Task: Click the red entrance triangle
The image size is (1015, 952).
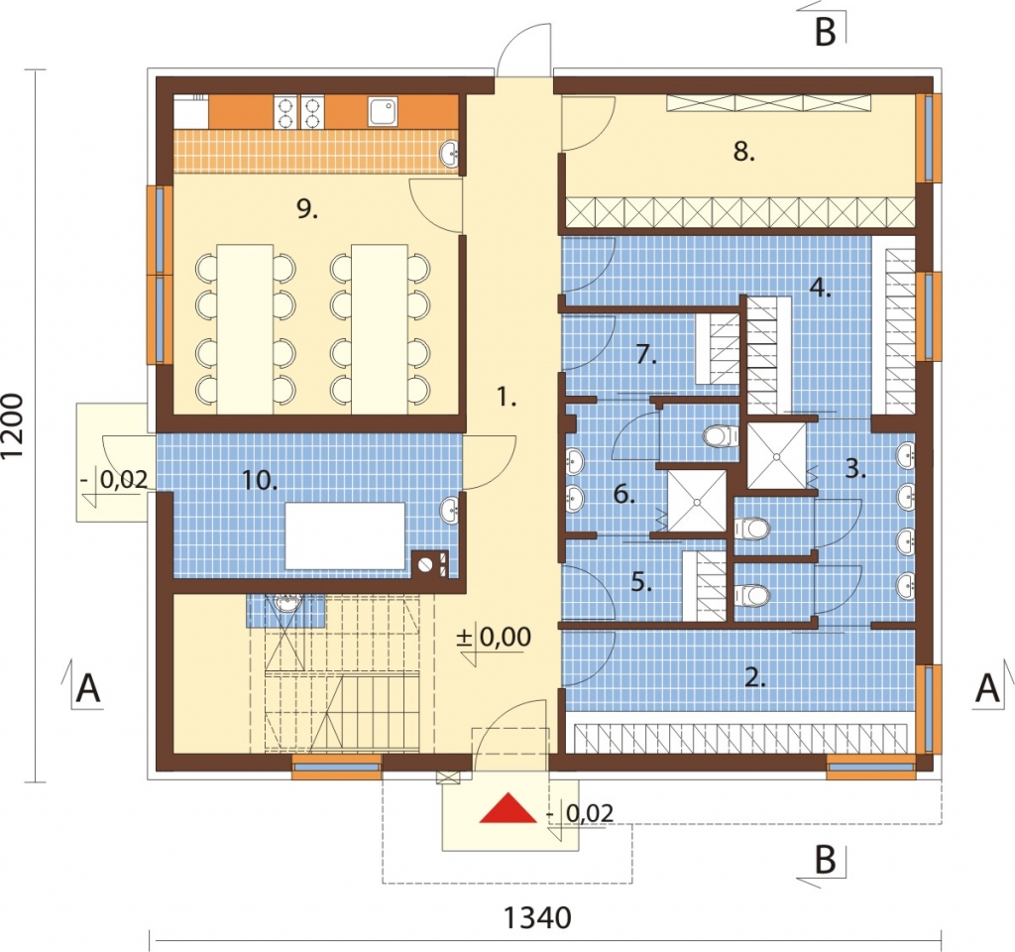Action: coord(508,808)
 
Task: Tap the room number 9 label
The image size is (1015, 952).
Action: coord(307,209)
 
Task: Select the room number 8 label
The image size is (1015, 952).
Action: coord(744,152)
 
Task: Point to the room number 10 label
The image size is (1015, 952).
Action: coord(260,481)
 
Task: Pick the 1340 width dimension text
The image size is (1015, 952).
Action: coord(537,917)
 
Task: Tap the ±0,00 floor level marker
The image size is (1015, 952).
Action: coord(494,638)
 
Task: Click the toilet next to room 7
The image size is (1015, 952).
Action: coord(721,436)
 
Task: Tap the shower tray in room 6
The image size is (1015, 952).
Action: coord(697,501)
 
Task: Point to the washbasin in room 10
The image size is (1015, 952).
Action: coord(451,510)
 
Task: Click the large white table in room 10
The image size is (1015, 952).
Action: coord(345,535)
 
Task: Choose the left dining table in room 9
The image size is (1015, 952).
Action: coord(245,329)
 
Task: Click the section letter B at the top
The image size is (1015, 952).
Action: coord(826,30)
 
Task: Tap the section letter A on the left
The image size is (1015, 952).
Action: coord(88,688)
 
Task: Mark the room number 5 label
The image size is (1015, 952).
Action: coord(641,582)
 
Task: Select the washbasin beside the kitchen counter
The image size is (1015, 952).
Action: coord(450,154)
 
